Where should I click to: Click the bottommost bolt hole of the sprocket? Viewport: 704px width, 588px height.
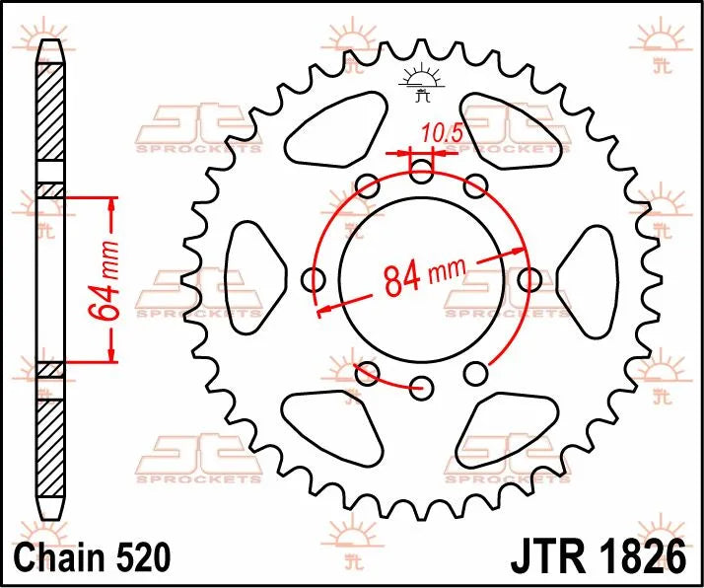click(422, 386)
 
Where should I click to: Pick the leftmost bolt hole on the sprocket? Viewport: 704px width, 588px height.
click(316, 280)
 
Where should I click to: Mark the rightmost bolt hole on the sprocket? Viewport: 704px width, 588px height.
click(529, 280)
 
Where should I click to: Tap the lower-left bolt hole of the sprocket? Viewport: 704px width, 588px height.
click(368, 373)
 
